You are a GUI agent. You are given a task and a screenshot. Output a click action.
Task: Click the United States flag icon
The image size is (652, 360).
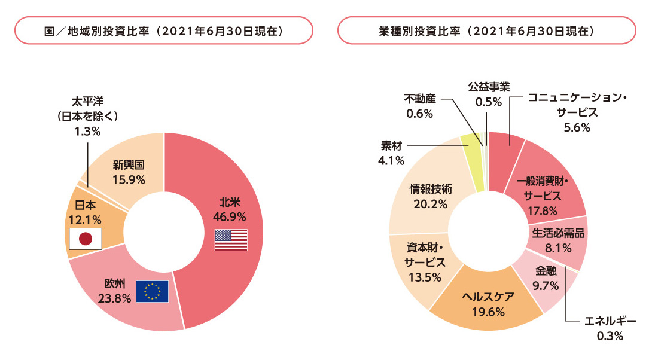coord(231,240)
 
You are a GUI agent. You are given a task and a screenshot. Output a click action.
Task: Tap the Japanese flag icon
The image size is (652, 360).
coord(86,239)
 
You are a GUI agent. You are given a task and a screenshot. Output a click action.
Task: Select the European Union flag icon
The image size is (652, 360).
coord(152,291)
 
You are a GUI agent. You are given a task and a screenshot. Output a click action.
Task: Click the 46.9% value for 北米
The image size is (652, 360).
coord(231,216)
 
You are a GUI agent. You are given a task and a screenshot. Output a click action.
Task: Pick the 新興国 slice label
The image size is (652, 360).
coord(129,164)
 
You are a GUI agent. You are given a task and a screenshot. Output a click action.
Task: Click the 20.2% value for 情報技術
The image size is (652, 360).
coord(431,203)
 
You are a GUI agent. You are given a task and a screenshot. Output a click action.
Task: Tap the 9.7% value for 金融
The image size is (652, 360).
coord(544,285)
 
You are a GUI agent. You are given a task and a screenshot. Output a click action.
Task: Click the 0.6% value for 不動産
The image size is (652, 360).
coord(419,113)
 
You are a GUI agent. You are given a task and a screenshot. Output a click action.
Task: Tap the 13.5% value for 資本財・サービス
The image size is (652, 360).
coord(425,277)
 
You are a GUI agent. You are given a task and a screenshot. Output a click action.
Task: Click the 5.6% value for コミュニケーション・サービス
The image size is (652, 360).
coord(577,127)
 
